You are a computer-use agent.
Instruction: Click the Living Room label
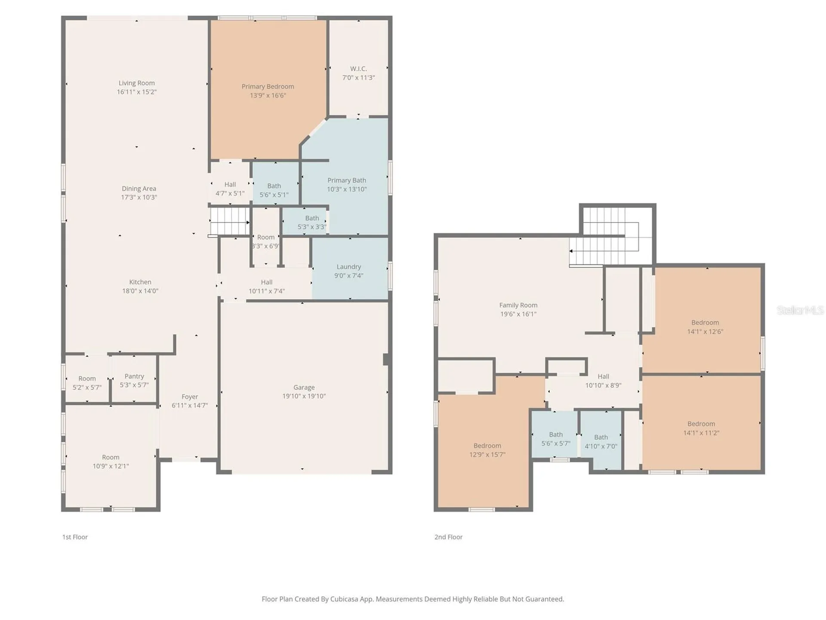(136, 83)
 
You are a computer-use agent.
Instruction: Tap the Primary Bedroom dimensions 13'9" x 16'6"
(268, 96)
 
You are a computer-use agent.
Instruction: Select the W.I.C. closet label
(358, 69)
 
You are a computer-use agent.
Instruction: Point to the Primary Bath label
(347, 180)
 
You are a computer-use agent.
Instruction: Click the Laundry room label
(349, 267)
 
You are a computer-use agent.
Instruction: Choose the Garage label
(304, 387)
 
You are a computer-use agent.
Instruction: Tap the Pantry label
(134, 376)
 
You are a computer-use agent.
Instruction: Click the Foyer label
(190, 397)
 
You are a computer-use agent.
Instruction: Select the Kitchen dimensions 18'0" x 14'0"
(140, 291)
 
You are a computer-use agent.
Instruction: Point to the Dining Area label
(139, 189)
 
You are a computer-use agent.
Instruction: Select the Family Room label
(518, 305)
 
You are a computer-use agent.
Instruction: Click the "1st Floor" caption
(75, 537)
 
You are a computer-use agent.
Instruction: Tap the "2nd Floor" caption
(448, 537)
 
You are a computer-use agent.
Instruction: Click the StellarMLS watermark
(800, 310)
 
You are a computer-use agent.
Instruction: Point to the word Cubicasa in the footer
(344, 599)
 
